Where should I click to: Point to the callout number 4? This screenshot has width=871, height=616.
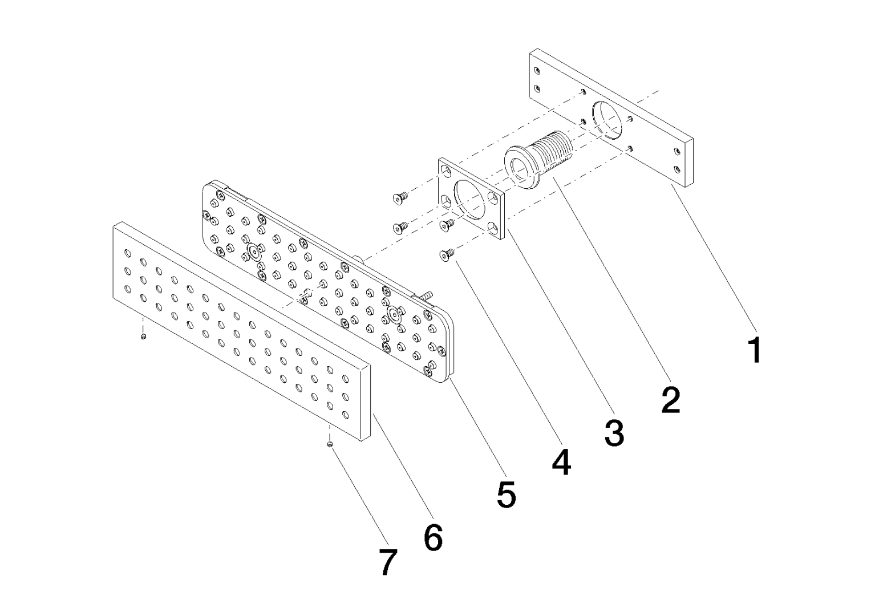point(561,462)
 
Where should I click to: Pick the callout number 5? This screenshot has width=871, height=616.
point(507,495)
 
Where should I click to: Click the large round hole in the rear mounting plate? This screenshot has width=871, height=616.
point(607,121)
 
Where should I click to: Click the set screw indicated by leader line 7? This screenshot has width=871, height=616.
point(330,444)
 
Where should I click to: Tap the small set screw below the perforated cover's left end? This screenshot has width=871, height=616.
point(143,336)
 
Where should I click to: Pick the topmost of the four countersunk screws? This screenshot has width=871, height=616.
point(400,197)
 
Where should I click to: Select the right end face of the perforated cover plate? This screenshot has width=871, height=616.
point(366,404)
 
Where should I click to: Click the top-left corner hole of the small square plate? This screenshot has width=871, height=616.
point(446,170)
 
